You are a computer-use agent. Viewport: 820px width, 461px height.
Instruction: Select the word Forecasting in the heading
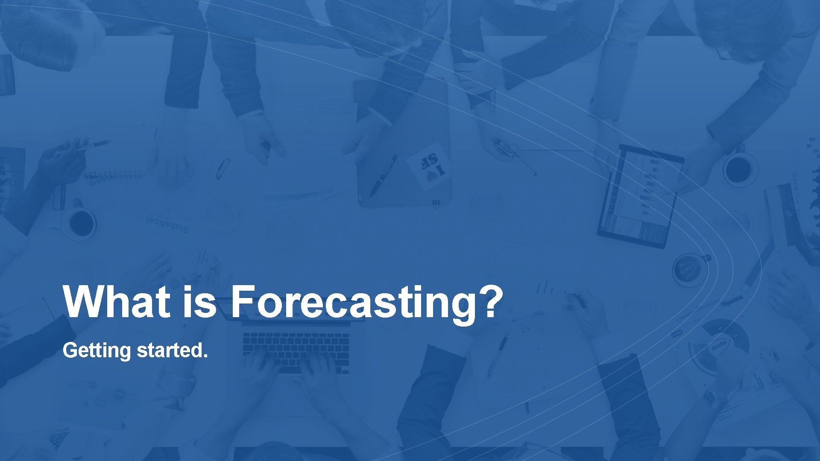point(352,303)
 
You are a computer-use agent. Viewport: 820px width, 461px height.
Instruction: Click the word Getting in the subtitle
point(97,351)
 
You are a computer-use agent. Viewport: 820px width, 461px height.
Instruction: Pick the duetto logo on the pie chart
point(719,345)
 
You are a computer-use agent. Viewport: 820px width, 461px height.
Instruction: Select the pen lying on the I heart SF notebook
point(383,175)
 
